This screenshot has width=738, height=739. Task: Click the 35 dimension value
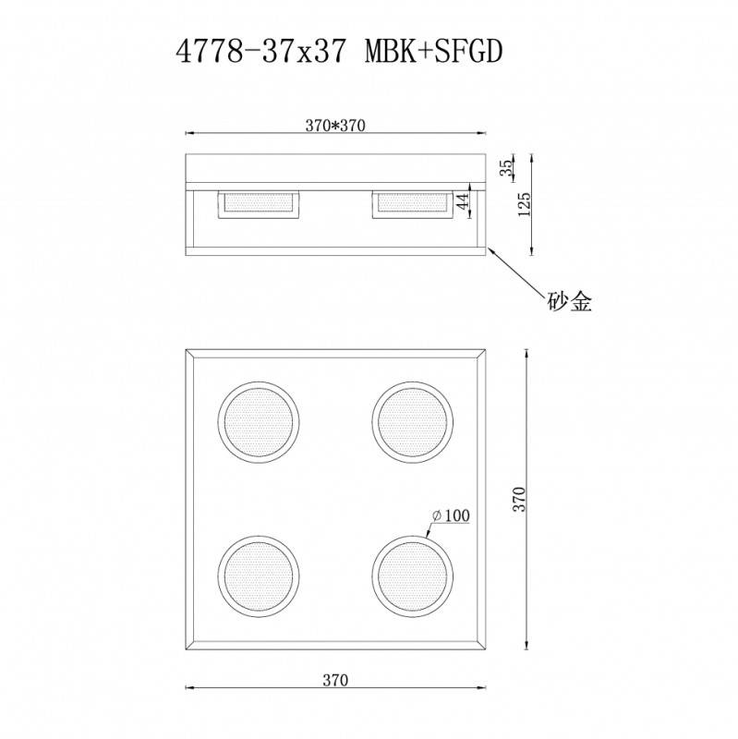[505, 168]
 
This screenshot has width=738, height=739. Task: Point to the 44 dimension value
[465, 200]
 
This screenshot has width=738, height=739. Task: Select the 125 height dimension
[525, 203]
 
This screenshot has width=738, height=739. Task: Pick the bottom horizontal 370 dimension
[335, 681]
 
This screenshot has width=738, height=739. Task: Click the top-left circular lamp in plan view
[258, 421]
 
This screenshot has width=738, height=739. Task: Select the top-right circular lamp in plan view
[412, 421]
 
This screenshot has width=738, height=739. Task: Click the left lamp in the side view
[258, 204]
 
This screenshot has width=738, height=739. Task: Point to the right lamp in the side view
[412, 204]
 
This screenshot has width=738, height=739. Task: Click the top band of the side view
[335, 168]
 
